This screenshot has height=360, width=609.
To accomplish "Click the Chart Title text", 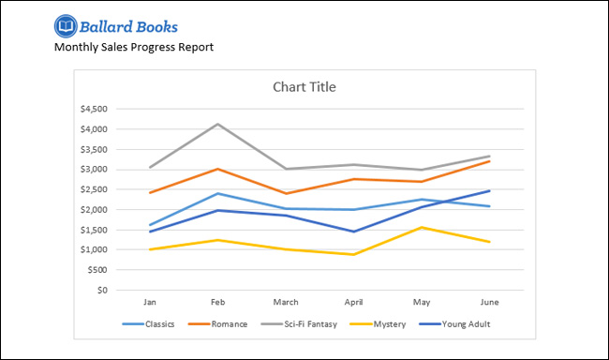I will [304, 87].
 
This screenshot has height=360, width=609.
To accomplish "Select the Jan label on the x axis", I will [150, 303].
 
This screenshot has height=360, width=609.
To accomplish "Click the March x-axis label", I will [286, 303].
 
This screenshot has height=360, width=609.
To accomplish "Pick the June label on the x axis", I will [489, 303].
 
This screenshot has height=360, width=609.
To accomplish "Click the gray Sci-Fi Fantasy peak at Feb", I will [218, 124].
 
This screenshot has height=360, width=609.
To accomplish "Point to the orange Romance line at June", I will [489, 161].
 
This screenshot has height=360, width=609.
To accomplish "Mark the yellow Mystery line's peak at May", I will [422, 227].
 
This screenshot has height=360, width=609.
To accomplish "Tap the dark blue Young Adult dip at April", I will [353, 232].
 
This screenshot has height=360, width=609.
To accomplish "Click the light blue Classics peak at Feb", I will [218, 193].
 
